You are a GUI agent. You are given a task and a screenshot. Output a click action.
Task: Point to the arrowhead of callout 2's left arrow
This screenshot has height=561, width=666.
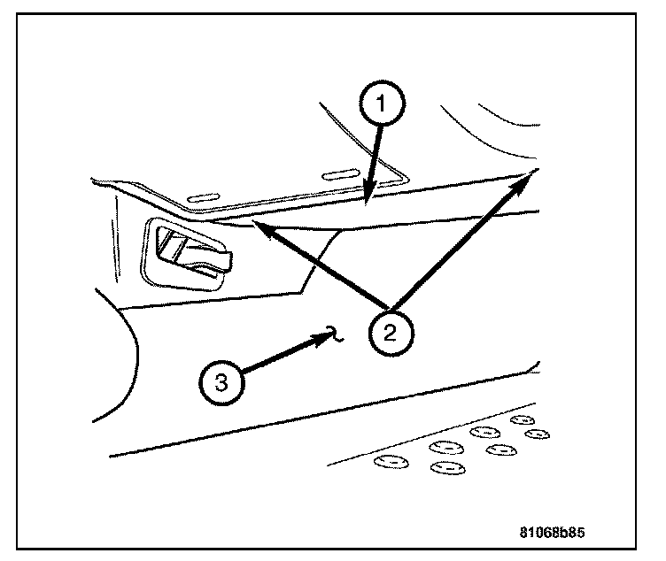(260, 227)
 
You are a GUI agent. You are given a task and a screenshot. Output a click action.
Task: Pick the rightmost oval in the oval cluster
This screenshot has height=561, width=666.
(537, 434)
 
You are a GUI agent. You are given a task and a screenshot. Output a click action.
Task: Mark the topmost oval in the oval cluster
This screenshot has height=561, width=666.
(521, 419)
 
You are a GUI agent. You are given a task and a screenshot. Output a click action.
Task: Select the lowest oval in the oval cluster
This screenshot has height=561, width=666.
(446, 467)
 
